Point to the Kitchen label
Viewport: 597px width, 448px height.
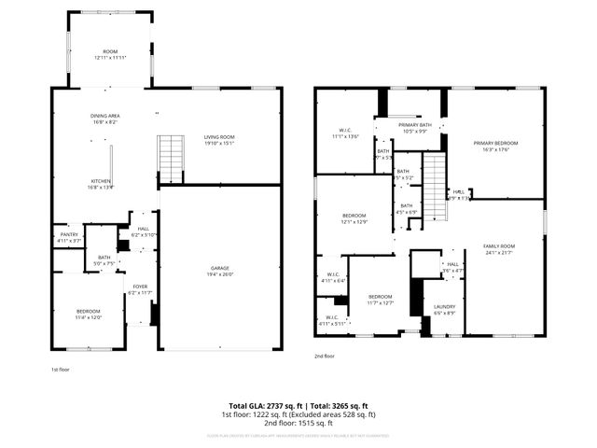[x=101, y=184]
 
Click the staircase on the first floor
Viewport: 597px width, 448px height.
[x=170, y=159]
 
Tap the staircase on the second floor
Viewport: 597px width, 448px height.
[x=436, y=187]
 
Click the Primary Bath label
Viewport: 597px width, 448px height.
[x=414, y=127]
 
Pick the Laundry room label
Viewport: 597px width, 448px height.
[x=444, y=310]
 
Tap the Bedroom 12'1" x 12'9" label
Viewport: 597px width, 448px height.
[x=354, y=219]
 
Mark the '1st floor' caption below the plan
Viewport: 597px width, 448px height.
[x=61, y=370]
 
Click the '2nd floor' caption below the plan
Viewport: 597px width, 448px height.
[x=324, y=356]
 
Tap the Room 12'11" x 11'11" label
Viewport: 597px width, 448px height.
[x=110, y=55]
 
